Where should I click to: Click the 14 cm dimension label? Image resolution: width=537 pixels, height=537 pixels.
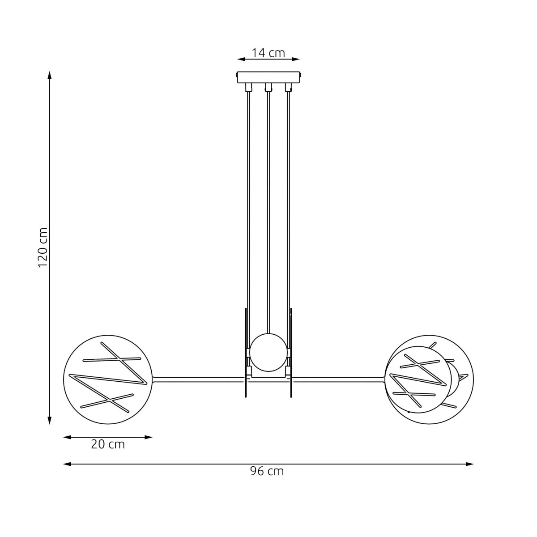coord(268,53)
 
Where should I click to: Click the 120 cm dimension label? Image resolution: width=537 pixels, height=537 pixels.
coord(43,247)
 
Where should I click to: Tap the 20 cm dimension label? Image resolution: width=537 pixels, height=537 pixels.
coord(108,444)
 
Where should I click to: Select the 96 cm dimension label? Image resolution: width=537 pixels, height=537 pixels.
coord(267,471)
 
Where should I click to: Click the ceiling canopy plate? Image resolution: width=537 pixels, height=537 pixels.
coord(268,77)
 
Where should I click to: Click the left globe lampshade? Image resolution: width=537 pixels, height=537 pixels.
coord(108,379)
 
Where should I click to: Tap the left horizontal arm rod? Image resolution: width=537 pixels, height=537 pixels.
coord(199,379)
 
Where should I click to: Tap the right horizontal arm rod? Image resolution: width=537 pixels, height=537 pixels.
coord(338,379)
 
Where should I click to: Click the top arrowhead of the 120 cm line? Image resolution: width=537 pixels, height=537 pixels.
coord(50,75)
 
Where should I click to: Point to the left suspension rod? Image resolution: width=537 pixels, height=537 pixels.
coord(248,201)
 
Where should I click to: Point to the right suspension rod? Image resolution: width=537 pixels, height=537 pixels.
coord(289,201)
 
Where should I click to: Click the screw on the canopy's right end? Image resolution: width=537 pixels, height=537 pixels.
coord(301,77)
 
